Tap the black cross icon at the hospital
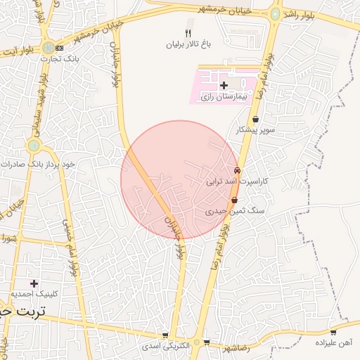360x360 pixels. click(x=224, y=85)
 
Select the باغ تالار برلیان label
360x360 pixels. click(x=187, y=44)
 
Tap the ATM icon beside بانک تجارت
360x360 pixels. click(x=59, y=47)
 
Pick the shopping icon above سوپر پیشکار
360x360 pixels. click(x=255, y=120)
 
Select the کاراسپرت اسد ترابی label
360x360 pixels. click(x=237, y=181)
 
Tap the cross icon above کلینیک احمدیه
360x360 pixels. click(x=34, y=283)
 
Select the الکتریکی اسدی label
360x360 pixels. click(x=165, y=346)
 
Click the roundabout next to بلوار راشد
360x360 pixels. click(x=275, y=13)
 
